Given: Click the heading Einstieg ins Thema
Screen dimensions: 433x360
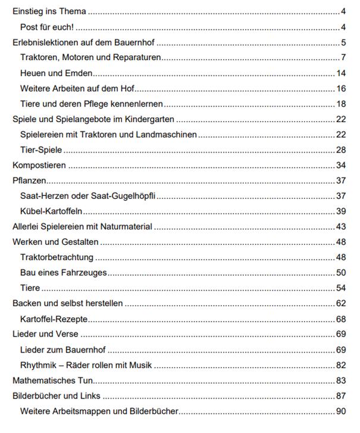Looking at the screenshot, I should (x=49, y=11).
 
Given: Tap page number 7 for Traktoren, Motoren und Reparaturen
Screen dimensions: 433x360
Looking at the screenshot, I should (x=344, y=58).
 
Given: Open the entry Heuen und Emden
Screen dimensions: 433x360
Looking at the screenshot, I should (x=57, y=73).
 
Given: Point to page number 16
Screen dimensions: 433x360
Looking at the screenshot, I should (x=341, y=89).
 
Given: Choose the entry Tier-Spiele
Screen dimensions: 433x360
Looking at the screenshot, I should (x=41, y=150).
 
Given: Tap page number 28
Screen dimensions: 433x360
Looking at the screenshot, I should (x=341, y=150).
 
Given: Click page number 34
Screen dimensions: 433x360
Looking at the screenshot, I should (x=341, y=166).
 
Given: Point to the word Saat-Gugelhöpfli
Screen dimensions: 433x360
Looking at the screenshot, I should (x=125, y=197).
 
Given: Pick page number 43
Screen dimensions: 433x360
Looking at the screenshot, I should (x=341, y=227).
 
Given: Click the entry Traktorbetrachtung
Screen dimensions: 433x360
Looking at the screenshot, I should (x=57, y=257).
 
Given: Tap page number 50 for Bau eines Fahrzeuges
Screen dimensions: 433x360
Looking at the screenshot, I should (x=341, y=273).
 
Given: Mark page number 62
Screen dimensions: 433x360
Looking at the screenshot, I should (x=341, y=304).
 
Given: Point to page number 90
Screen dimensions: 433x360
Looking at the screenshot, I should (x=341, y=411).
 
